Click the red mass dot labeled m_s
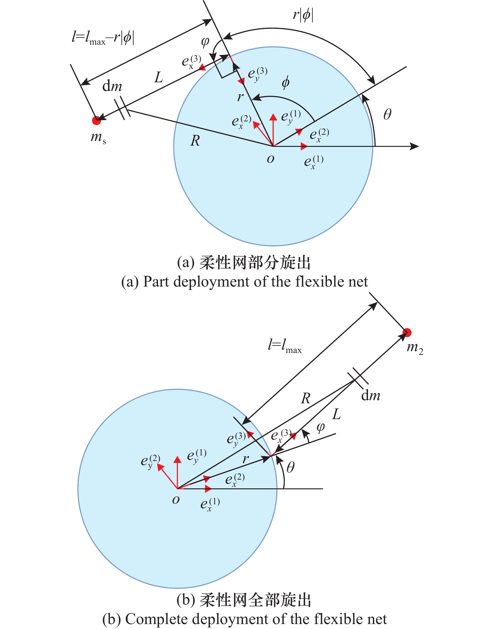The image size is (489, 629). [x=97, y=120]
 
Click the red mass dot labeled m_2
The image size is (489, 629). [x=407, y=333]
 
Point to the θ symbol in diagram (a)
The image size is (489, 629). [x=387, y=115]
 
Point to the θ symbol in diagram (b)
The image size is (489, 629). [x=290, y=467]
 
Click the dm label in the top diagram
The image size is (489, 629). [x=112, y=86]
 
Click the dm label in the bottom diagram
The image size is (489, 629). [x=371, y=396]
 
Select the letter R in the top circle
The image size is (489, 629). [x=195, y=141]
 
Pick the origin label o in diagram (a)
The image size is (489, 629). [x=270, y=159]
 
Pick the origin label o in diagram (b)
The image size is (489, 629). [x=176, y=500]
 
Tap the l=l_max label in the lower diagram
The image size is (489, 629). [x=284, y=346]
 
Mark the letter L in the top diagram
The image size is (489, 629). [x=159, y=77]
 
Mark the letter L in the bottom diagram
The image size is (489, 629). [x=336, y=414]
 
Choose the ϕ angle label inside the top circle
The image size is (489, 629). [x=285, y=83]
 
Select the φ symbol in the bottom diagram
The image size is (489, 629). [x=320, y=428]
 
